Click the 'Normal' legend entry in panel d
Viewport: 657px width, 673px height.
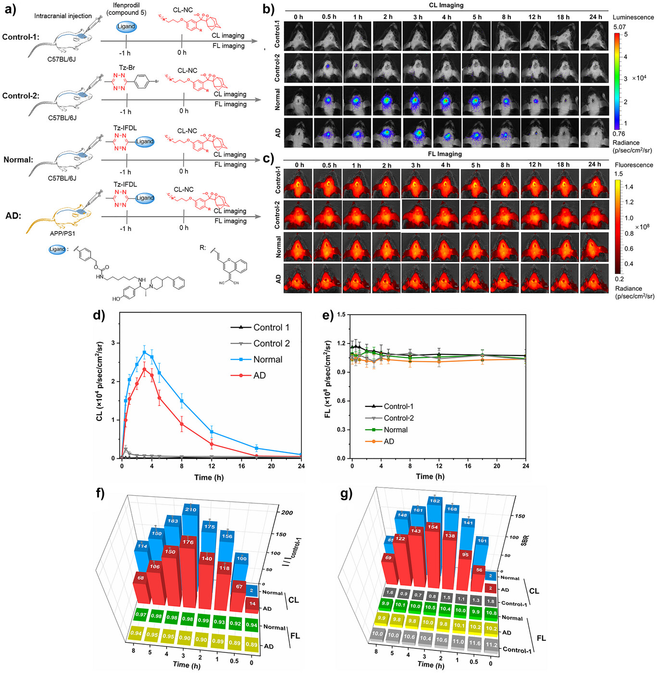point(267,359)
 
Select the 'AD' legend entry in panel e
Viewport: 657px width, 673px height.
point(388,441)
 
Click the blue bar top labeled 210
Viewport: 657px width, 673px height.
point(190,509)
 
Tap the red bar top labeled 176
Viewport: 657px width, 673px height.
point(188,542)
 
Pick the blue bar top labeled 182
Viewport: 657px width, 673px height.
point(434,501)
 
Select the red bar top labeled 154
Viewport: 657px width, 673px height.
point(433,527)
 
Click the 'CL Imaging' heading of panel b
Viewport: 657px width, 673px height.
point(446,5)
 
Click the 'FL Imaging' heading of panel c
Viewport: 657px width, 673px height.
point(445,154)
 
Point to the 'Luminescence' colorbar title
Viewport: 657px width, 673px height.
point(633,17)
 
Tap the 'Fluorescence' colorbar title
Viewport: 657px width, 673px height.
point(634,165)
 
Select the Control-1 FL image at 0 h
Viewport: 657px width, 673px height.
point(298,184)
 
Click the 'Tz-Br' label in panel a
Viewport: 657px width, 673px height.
point(127,68)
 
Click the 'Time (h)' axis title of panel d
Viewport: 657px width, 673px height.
point(209,477)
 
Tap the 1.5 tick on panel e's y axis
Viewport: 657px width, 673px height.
point(341,315)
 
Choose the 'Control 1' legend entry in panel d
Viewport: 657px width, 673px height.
point(271,327)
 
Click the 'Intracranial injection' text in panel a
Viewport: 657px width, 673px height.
point(63,16)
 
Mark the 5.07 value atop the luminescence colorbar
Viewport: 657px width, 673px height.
point(620,27)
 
